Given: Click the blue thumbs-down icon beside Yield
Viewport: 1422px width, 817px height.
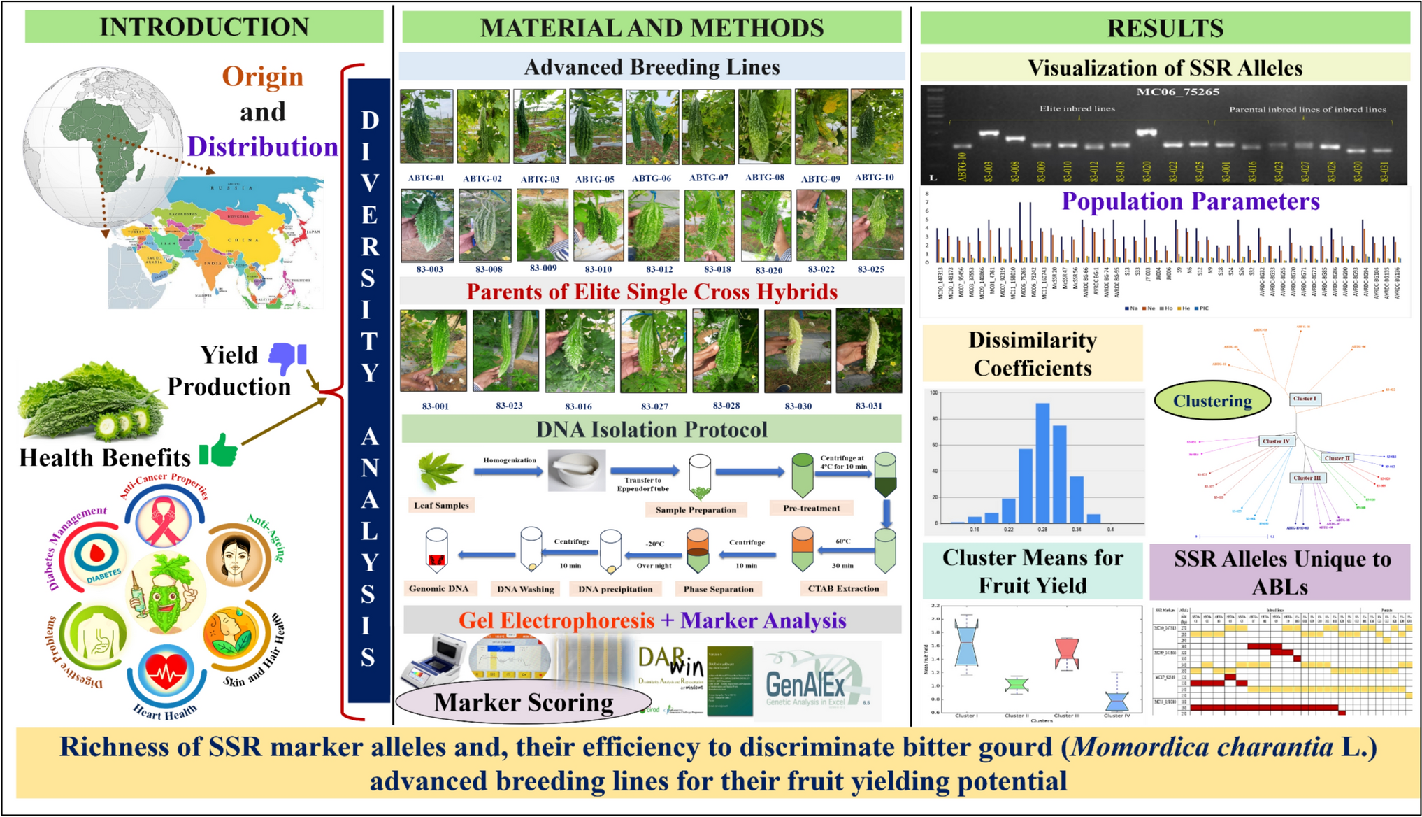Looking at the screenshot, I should tap(287, 357).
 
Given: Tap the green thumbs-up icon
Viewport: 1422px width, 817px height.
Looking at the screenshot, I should tap(219, 450).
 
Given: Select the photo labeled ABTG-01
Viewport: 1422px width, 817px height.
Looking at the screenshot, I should tap(426, 127).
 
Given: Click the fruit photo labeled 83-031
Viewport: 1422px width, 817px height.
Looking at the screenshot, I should tap(869, 350).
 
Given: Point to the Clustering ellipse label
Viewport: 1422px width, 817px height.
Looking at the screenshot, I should tap(1212, 401).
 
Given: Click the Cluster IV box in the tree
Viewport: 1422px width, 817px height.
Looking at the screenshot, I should tap(1276, 441).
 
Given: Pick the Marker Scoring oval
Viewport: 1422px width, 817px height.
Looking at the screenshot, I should tap(524, 702).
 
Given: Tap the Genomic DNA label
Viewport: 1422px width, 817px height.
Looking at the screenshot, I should tap(438, 588).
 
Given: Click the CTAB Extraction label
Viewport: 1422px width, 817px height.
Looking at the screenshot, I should tap(843, 588).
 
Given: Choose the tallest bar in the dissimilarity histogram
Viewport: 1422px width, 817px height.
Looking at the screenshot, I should tap(1042, 462).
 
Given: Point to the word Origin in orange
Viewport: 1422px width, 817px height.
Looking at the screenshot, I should tap(263, 76).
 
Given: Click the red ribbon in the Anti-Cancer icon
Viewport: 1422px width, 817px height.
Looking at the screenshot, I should tap(164, 521).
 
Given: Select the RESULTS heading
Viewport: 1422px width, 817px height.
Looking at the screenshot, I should tap(1165, 28).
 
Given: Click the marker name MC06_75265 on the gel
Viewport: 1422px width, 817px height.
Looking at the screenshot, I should tap(1177, 92).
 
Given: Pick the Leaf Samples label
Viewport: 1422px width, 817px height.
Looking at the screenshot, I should tap(441, 505).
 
